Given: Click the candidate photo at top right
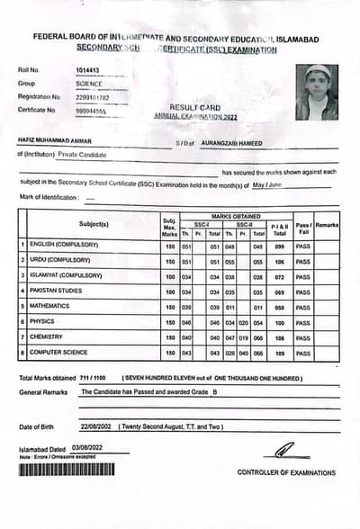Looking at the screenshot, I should pyautogui.click(x=317, y=93).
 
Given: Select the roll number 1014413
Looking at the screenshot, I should pyautogui.click(x=89, y=68).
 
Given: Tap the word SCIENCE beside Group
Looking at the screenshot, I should pyautogui.click(x=90, y=83).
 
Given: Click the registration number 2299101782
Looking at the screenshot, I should pyautogui.click(x=94, y=96).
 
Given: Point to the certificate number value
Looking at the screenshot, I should pyautogui.click(x=94, y=110).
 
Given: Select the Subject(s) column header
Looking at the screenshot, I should pyautogui.click(x=94, y=223).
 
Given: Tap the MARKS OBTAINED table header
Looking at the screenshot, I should pyautogui.click(x=236, y=216).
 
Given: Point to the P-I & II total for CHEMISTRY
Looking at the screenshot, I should pyautogui.click(x=280, y=337).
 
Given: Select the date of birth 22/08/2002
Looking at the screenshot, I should pyautogui.click(x=94, y=426).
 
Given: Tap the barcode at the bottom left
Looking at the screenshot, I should pyautogui.click(x=67, y=469).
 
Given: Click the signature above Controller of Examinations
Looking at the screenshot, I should pyautogui.click(x=285, y=450).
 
